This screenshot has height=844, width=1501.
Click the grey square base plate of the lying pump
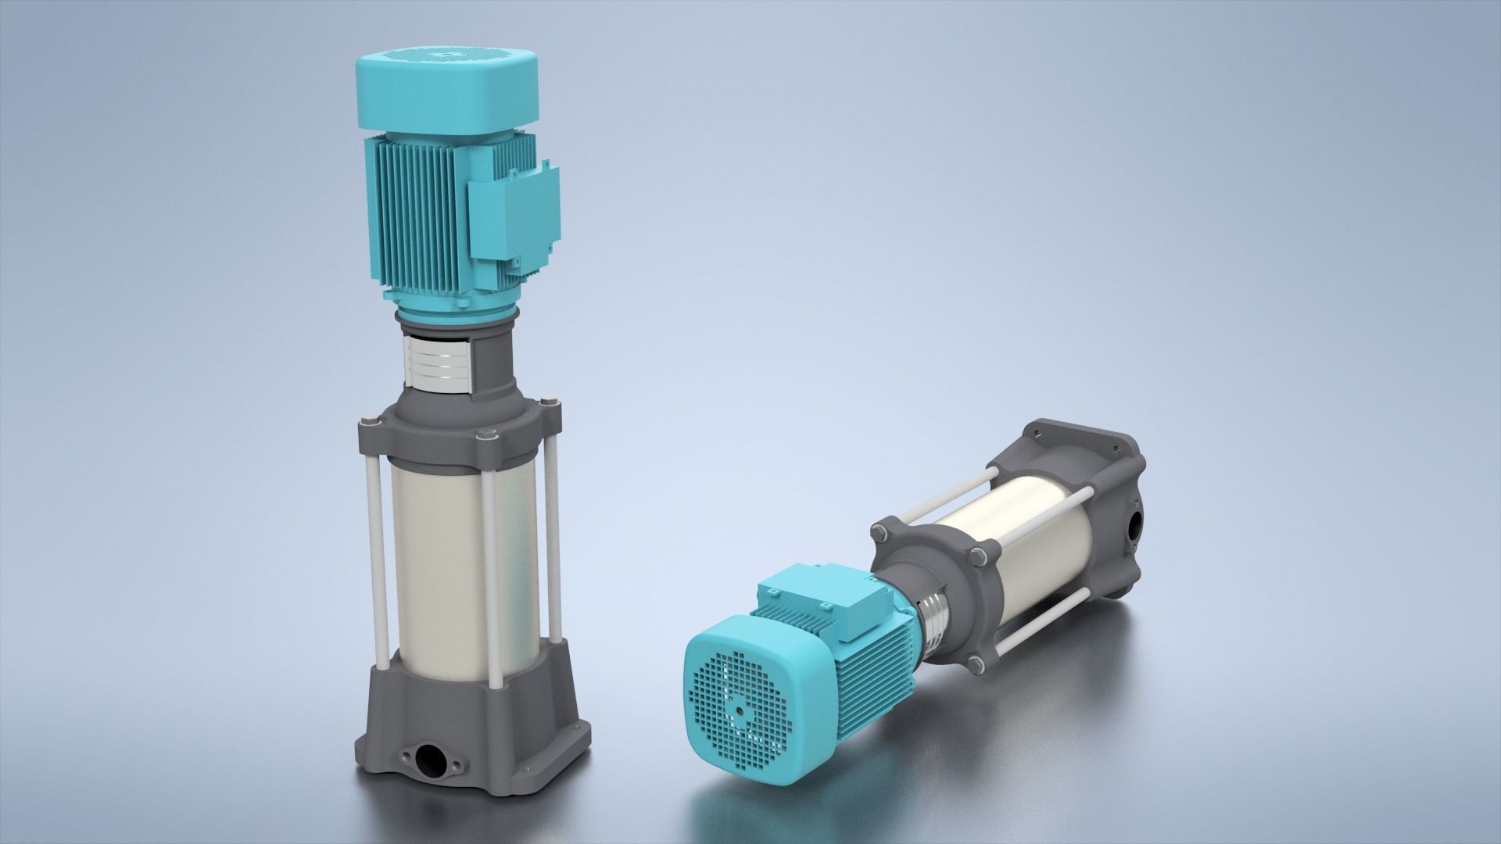click(x=1094, y=469)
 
